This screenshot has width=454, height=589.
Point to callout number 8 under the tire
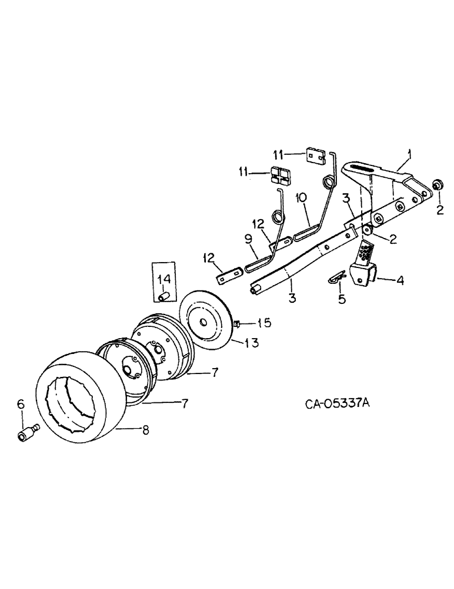pyautogui.click(x=144, y=430)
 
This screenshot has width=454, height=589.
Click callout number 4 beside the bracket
pyautogui.click(x=399, y=281)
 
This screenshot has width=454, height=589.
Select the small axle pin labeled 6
pyautogui.click(x=26, y=434)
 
